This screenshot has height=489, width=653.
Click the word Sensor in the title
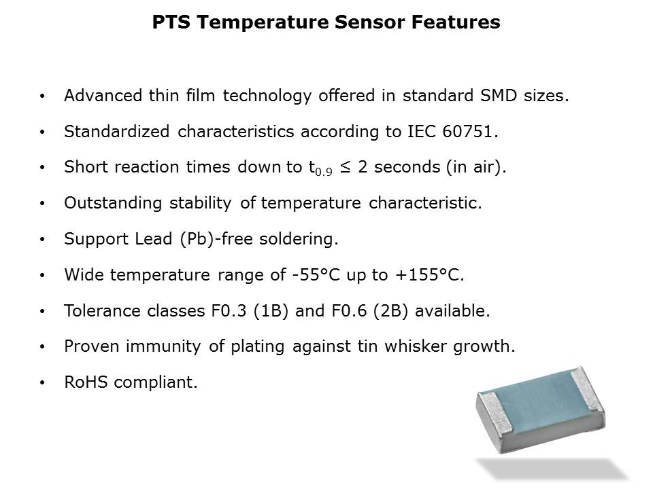(369, 22)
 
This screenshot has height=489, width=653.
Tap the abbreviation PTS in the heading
(171, 22)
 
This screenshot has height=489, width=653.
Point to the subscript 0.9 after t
(324, 171)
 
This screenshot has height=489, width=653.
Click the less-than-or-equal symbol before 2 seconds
(345, 167)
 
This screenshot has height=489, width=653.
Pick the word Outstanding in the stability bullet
(113, 203)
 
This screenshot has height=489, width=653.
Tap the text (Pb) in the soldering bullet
(197, 239)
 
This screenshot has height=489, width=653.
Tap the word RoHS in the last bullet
(86, 382)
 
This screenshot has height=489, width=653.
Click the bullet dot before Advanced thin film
(42, 96)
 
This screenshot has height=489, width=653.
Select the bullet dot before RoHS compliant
(42, 383)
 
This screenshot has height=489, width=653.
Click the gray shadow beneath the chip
(552, 469)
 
